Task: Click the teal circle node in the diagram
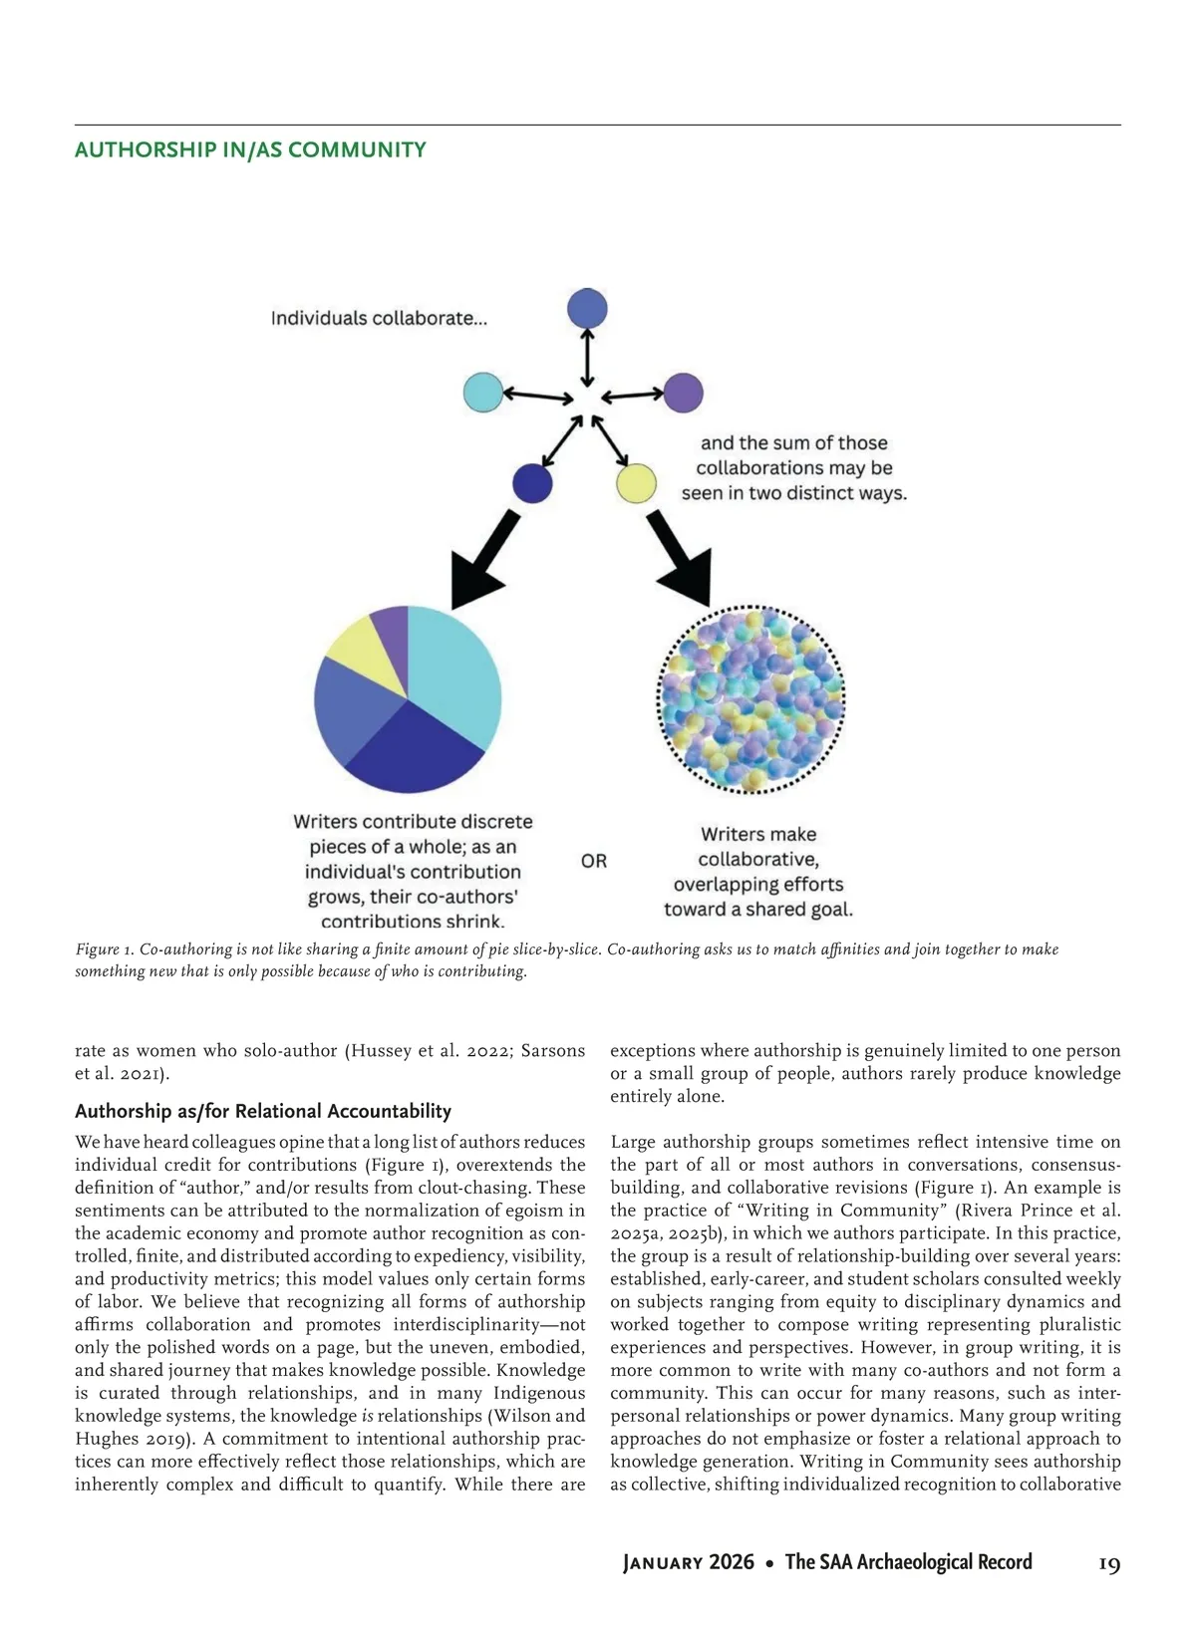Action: tap(483, 392)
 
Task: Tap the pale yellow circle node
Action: tap(636, 483)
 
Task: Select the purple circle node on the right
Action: tap(683, 393)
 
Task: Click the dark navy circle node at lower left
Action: tap(532, 483)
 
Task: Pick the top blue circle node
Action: tap(587, 309)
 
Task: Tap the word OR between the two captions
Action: tap(594, 861)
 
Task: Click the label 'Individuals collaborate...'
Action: tap(379, 319)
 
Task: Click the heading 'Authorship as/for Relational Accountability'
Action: tap(263, 1111)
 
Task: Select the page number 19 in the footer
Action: tap(1109, 1563)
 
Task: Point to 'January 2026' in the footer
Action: tap(689, 1562)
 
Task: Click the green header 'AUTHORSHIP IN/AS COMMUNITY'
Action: tap(250, 150)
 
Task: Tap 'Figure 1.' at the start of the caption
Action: tap(105, 949)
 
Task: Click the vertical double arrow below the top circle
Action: tap(588, 358)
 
